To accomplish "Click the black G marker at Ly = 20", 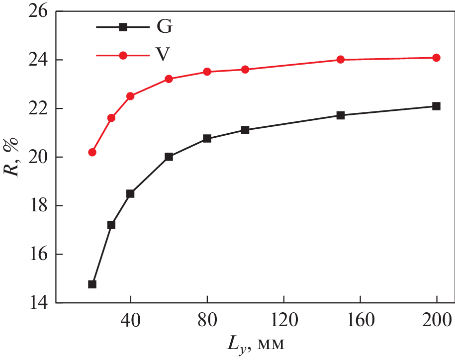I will pos(92,284).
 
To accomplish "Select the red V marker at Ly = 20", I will pos(92,152).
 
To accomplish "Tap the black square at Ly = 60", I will pos(169,157).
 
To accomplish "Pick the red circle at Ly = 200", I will pos(436,58).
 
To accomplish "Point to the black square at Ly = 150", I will pos(341,115).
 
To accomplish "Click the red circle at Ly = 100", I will pos(245,70).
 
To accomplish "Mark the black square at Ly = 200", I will pos(436,106).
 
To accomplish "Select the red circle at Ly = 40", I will pos(130,96).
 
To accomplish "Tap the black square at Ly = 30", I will pos(111,225).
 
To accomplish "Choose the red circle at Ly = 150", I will pos(341,60).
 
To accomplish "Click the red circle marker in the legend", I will pos(123,55).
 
